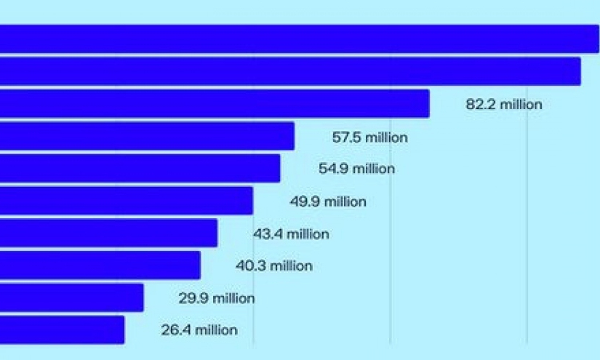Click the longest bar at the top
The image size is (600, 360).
click(x=298, y=39)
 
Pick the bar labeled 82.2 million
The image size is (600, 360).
click(x=215, y=104)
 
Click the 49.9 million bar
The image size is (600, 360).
click(x=126, y=201)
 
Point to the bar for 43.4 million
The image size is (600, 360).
click(x=108, y=233)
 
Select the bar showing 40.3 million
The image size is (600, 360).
click(x=100, y=265)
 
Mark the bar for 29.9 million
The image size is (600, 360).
click(x=71, y=297)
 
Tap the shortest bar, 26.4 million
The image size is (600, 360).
click(x=62, y=329)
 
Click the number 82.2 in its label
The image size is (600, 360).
click(x=481, y=105)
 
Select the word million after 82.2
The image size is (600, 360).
click(x=521, y=105)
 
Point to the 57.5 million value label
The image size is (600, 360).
click(x=370, y=137)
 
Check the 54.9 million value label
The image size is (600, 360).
click(x=356, y=169)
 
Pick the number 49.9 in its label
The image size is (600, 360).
click(x=305, y=201)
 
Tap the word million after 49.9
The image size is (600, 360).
click(x=345, y=201)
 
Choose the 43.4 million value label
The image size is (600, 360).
click(x=291, y=234)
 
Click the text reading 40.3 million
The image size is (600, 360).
click(x=273, y=266)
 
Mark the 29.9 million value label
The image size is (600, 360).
click(x=217, y=298)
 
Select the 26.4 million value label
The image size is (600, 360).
click(x=199, y=330)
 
